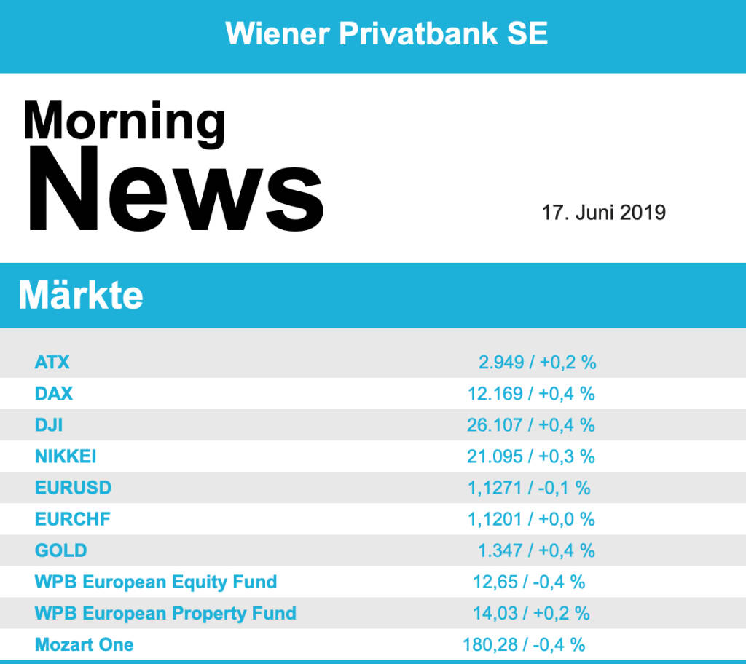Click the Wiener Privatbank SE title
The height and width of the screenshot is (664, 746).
386,33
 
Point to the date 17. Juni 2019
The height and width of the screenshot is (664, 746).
603,213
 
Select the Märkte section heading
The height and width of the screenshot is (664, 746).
81,296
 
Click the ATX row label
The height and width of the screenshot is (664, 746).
52,362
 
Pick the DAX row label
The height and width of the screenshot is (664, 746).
54,394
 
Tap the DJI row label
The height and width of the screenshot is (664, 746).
49,425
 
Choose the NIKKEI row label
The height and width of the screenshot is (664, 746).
66,456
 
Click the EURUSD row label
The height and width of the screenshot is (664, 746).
73,488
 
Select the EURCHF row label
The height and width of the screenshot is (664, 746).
73,519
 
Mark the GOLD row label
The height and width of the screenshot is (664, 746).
60,550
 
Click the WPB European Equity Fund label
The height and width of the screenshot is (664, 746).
156,582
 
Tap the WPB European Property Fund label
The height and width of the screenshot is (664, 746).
165,613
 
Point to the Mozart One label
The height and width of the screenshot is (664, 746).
85,644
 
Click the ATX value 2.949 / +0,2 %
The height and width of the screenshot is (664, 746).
537,362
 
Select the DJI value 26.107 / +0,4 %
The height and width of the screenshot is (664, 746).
531,425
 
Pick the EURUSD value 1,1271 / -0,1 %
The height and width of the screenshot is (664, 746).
529,488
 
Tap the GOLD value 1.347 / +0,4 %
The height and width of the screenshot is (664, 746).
536,550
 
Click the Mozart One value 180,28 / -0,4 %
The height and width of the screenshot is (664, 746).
524,644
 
